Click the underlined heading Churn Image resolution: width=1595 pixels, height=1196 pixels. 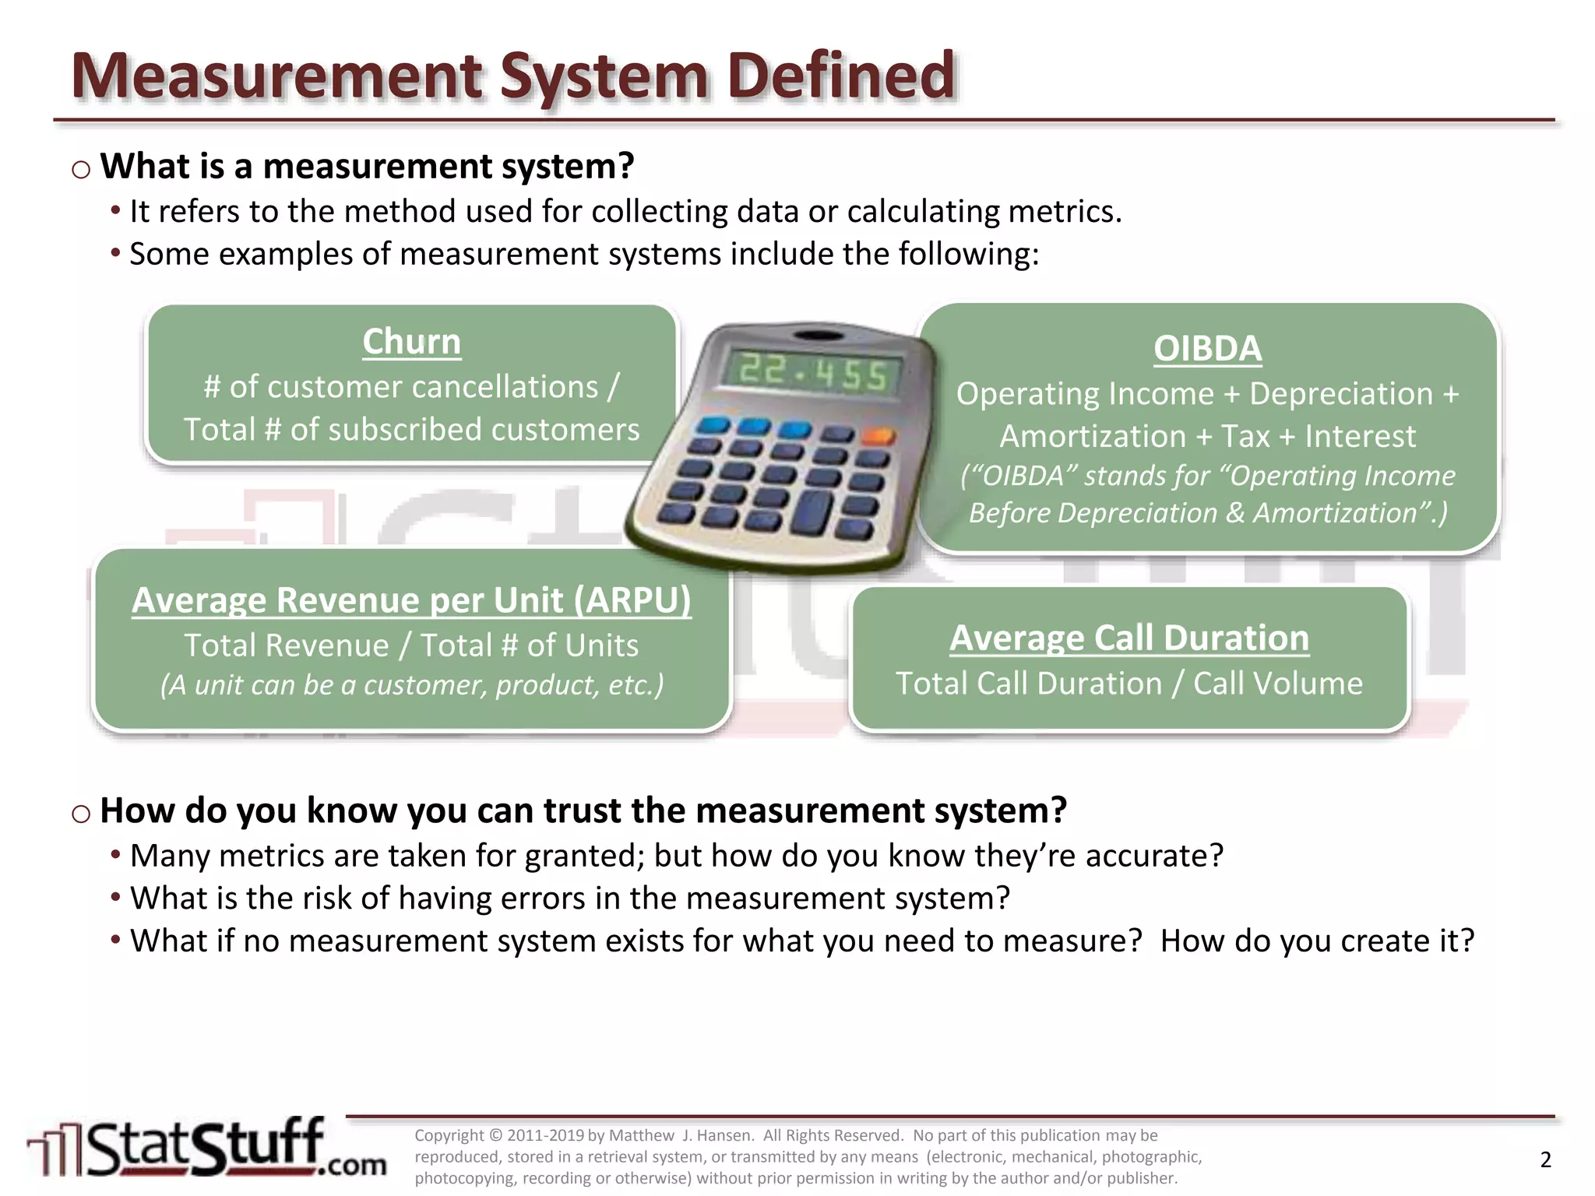coord(411,342)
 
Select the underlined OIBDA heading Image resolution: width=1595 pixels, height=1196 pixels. coord(1207,348)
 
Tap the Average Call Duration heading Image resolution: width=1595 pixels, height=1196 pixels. coord(1129,638)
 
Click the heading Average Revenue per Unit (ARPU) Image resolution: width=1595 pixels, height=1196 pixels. coord(411,600)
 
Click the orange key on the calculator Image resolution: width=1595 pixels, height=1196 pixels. coord(879,436)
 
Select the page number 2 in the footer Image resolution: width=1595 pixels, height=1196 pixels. coord(1546,1159)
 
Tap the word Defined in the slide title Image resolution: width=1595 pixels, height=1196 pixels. coord(841,76)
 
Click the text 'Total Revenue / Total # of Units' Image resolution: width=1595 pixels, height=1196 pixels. coord(411,645)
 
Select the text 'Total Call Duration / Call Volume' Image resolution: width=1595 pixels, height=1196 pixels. coord(1129,684)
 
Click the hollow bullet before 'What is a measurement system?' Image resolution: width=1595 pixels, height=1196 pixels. coord(81,169)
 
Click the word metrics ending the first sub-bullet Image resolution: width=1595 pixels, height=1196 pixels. coord(1064,212)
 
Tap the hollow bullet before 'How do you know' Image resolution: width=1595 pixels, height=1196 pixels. coord(81,814)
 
